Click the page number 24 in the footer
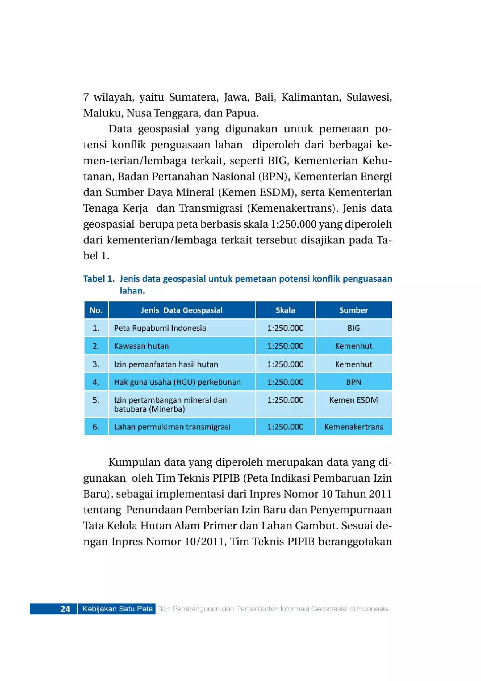pos(65,609)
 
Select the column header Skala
pos(285,310)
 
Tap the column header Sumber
pos(353,310)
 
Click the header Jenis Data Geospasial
pos(182,310)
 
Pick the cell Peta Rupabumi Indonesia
pos(160,328)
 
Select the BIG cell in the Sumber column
pos(353,328)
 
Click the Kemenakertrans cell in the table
pos(353,427)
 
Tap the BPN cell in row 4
pos(353,382)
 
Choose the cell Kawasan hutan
pos(141,346)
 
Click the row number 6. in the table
pos(96,427)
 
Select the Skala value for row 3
pos(285,364)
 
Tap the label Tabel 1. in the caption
pos(99,279)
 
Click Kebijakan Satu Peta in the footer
pos(117,609)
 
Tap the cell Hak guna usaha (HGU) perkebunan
pos(177,382)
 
